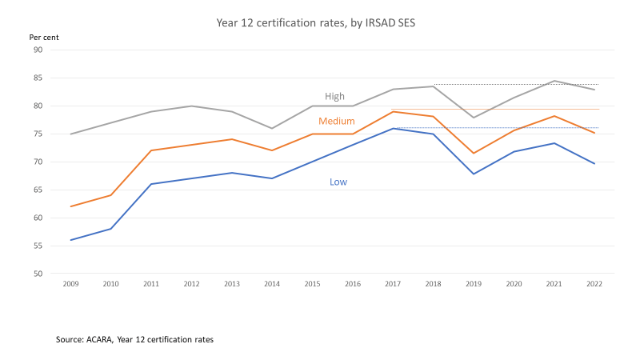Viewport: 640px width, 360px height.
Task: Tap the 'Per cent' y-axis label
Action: [x=43, y=38]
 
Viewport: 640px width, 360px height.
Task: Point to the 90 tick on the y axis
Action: [x=37, y=50]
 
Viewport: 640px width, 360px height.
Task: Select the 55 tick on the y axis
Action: [x=37, y=246]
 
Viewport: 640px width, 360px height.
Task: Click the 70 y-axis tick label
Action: [x=37, y=162]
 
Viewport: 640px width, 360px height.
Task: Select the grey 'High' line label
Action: [x=334, y=96]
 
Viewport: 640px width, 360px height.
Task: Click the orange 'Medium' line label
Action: [x=337, y=122]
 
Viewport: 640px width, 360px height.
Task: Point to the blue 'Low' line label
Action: [x=338, y=182]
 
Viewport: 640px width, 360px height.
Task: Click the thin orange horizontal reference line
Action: [x=520, y=109]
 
